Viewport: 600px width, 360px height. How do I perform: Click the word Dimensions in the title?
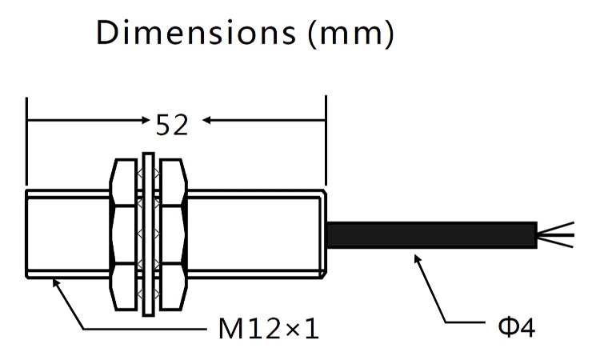(x=196, y=33)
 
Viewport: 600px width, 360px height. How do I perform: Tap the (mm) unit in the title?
(x=350, y=34)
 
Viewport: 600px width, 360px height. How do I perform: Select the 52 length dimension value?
(x=172, y=125)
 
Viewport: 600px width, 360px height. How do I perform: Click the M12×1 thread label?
(x=269, y=329)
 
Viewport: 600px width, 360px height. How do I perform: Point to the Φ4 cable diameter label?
(x=516, y=327)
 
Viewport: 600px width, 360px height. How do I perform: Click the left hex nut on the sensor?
(x=123, y=234)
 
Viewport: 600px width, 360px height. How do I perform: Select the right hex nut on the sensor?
(x=174, y=234)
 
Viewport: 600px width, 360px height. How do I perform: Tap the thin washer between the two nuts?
(x=149, y=234)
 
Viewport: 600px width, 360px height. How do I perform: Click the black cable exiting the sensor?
(x=432, y=234)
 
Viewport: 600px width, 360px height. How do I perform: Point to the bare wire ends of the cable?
(x=556, y=234)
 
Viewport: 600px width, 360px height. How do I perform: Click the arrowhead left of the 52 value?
(x=145, y=121)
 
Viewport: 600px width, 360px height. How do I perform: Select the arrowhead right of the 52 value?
(x=206, y=121)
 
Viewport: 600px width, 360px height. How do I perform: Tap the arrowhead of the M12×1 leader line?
(x=56, y=282)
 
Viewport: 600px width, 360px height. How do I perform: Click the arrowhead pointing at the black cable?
(x=418, y=258)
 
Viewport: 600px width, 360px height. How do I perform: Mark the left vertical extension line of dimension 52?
(x=26, y=142)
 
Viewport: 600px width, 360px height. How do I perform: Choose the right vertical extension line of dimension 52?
(x=326, y=141)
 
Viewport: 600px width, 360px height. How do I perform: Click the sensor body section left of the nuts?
(x=68, y=234)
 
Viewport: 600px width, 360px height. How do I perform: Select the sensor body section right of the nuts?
(x=256, y=234)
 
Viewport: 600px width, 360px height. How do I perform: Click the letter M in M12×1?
(x=230, y=329)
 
